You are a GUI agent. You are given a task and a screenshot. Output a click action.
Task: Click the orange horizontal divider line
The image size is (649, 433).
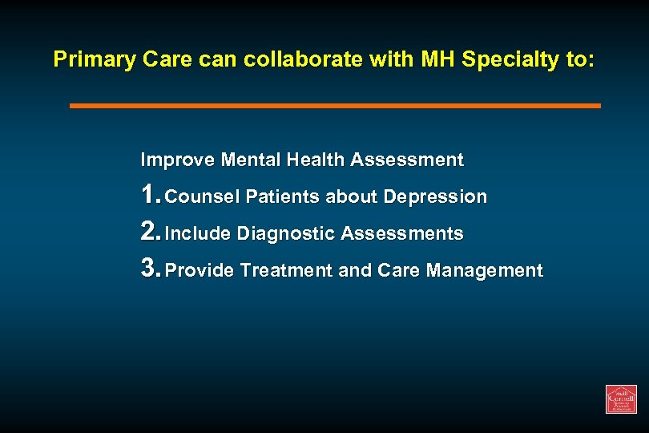pyautogui.click(x=335, y=105)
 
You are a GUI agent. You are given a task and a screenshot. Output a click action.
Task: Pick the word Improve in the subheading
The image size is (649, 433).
pyautogui.click(x=167, y=160)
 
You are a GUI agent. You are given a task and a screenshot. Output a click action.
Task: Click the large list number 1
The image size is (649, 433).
pyautogui.click(x=149, y=195)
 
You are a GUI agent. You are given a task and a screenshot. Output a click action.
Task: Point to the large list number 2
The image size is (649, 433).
pyautogui.click(x=149, y=232)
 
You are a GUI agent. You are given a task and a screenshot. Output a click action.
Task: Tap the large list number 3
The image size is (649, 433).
pyautogui.click(x=149, y=269)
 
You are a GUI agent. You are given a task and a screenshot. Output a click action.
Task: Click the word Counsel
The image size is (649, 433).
pyautogui.click(x=203, y=196)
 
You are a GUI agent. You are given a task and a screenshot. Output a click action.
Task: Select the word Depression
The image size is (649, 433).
pyautogui.click(x=435, y=196)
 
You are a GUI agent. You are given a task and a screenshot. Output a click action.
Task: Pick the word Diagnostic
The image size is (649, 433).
pyautogui.click(x=286, y=233)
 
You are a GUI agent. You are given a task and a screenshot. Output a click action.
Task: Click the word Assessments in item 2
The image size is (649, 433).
pyautogui.click(x=402, y=233)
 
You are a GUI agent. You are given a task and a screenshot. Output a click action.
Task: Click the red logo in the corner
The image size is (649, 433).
pyautogui.click(x=621, y=399)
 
